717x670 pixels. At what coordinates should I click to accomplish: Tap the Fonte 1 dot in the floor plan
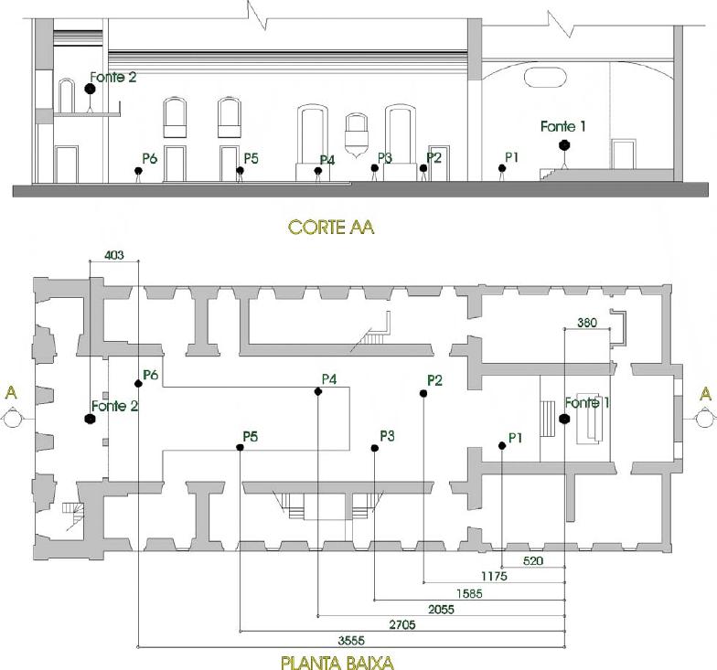coord(564,418)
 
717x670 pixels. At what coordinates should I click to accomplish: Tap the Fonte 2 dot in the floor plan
coord(90,419)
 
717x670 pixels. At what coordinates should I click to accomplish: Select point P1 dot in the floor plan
coord(502,446)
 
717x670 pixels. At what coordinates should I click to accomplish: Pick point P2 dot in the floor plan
coord(423,393)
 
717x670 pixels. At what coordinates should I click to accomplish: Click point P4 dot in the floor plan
coord(318,391)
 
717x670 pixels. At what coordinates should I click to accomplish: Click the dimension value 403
coord(114,256)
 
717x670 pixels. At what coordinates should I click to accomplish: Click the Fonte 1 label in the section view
coord(562,126)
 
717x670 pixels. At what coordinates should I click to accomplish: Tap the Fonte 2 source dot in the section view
coord(90,90)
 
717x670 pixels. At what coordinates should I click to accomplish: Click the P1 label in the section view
coord(511,157)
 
